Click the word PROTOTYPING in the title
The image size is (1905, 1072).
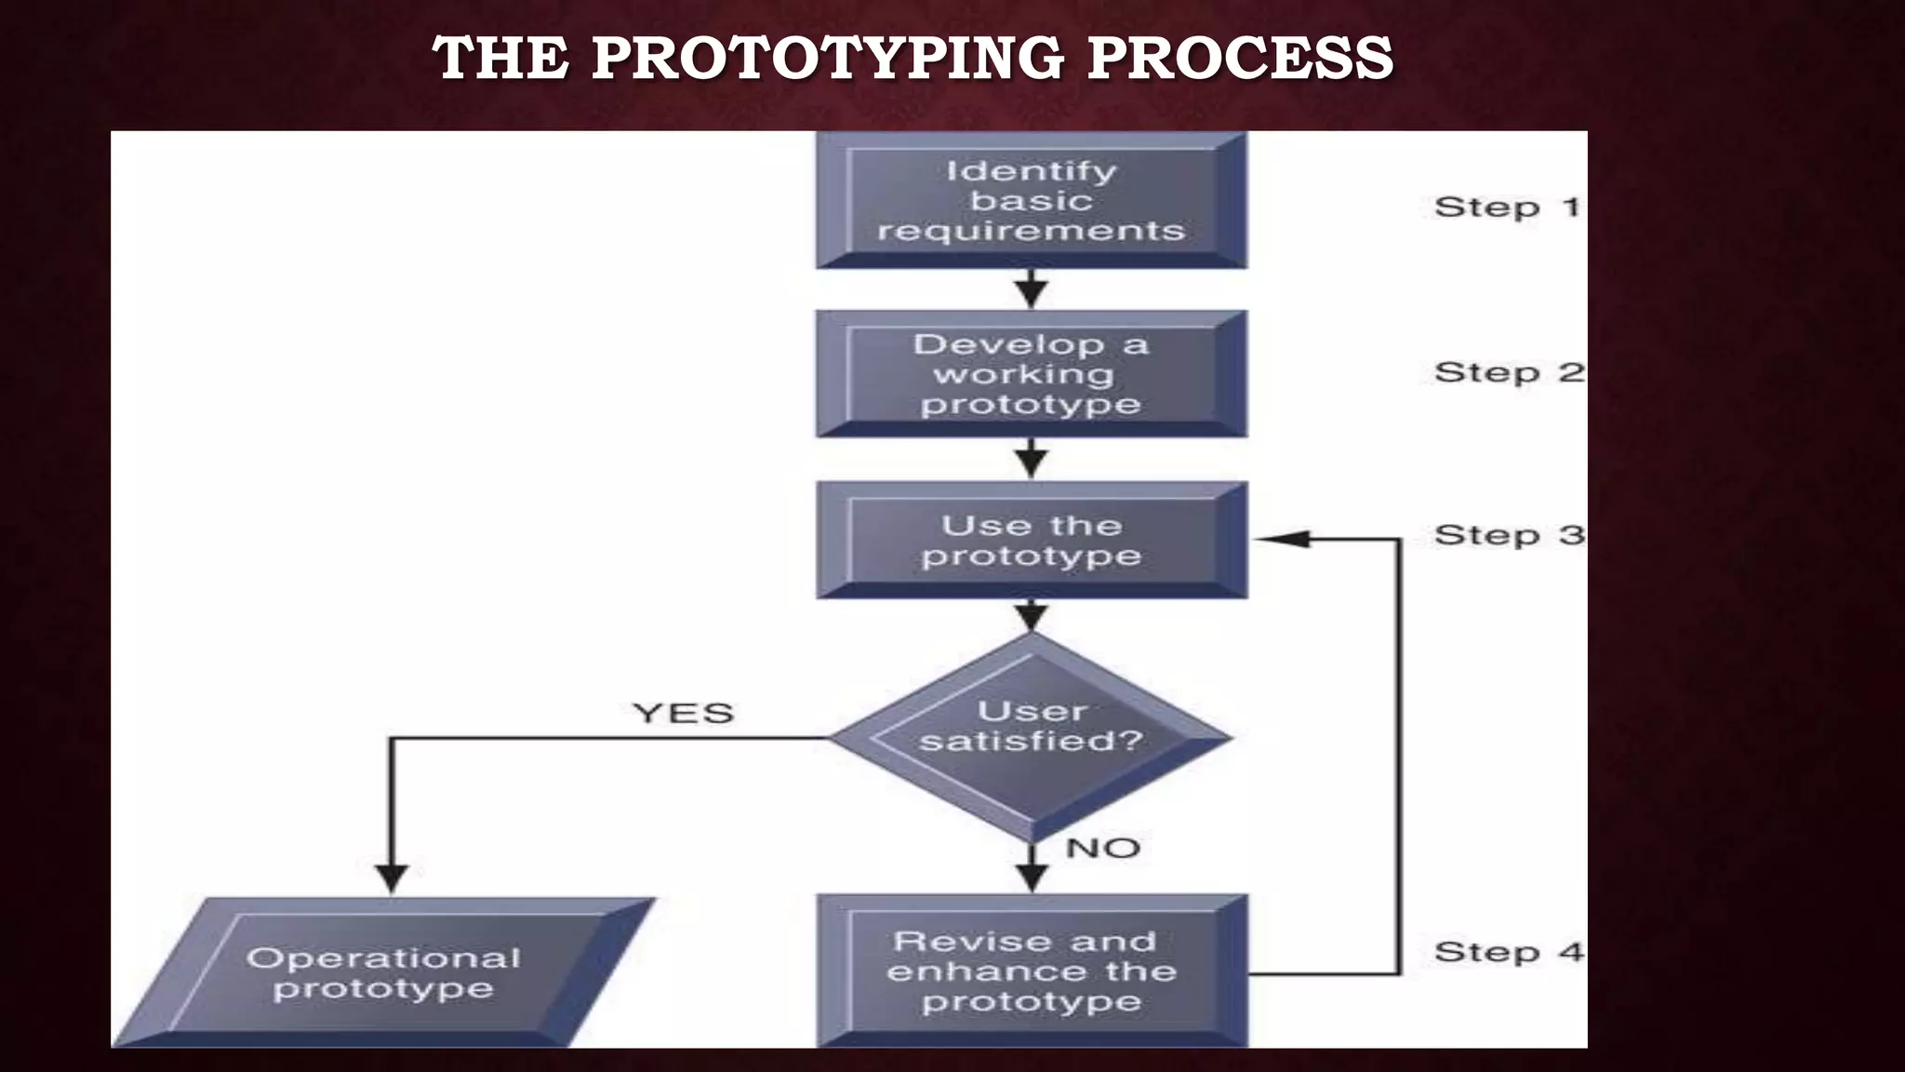[x=827, y=58]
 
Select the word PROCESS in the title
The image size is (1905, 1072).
[x=1240, y=58]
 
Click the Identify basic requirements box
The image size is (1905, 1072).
[x=1031, y=200]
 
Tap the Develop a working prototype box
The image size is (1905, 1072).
[x=1031, y=374]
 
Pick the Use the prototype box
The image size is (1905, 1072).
[x=1031, y=541]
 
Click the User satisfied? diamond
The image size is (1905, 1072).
[x=1031, y=737]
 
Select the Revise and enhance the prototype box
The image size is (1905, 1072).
[x=1031, y=971]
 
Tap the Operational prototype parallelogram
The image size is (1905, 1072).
[x=383, y=972]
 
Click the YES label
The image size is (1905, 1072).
[x=683, y=714]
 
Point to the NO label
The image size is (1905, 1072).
[x=1102, y=848]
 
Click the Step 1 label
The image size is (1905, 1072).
[x=1506, y=207]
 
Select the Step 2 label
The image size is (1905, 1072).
[x=1508, y=372]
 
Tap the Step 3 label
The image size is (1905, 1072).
[x=1508, y=536]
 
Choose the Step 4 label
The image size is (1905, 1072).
[x=1508, y=952]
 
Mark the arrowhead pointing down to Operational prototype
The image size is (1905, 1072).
[x=392, y=878]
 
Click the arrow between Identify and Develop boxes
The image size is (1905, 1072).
[x=1031, y=290]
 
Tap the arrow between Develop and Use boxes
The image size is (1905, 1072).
[x=1031, y=460]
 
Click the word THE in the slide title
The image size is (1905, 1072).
[x=500, y=58]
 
